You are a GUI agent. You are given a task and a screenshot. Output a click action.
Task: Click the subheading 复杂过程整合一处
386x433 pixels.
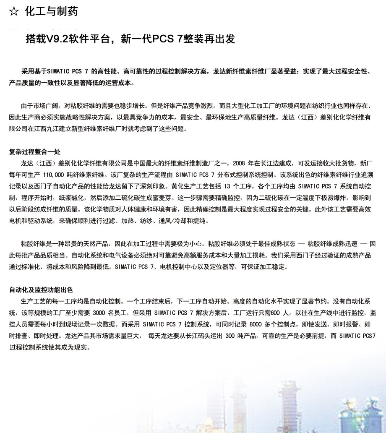click(35, 151)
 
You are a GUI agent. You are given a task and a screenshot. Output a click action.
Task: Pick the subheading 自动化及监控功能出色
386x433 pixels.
click(41, 290)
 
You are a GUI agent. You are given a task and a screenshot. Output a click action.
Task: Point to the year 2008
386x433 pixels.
click(239, 163)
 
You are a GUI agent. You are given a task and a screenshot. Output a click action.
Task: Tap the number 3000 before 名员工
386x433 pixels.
click(99, 313)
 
